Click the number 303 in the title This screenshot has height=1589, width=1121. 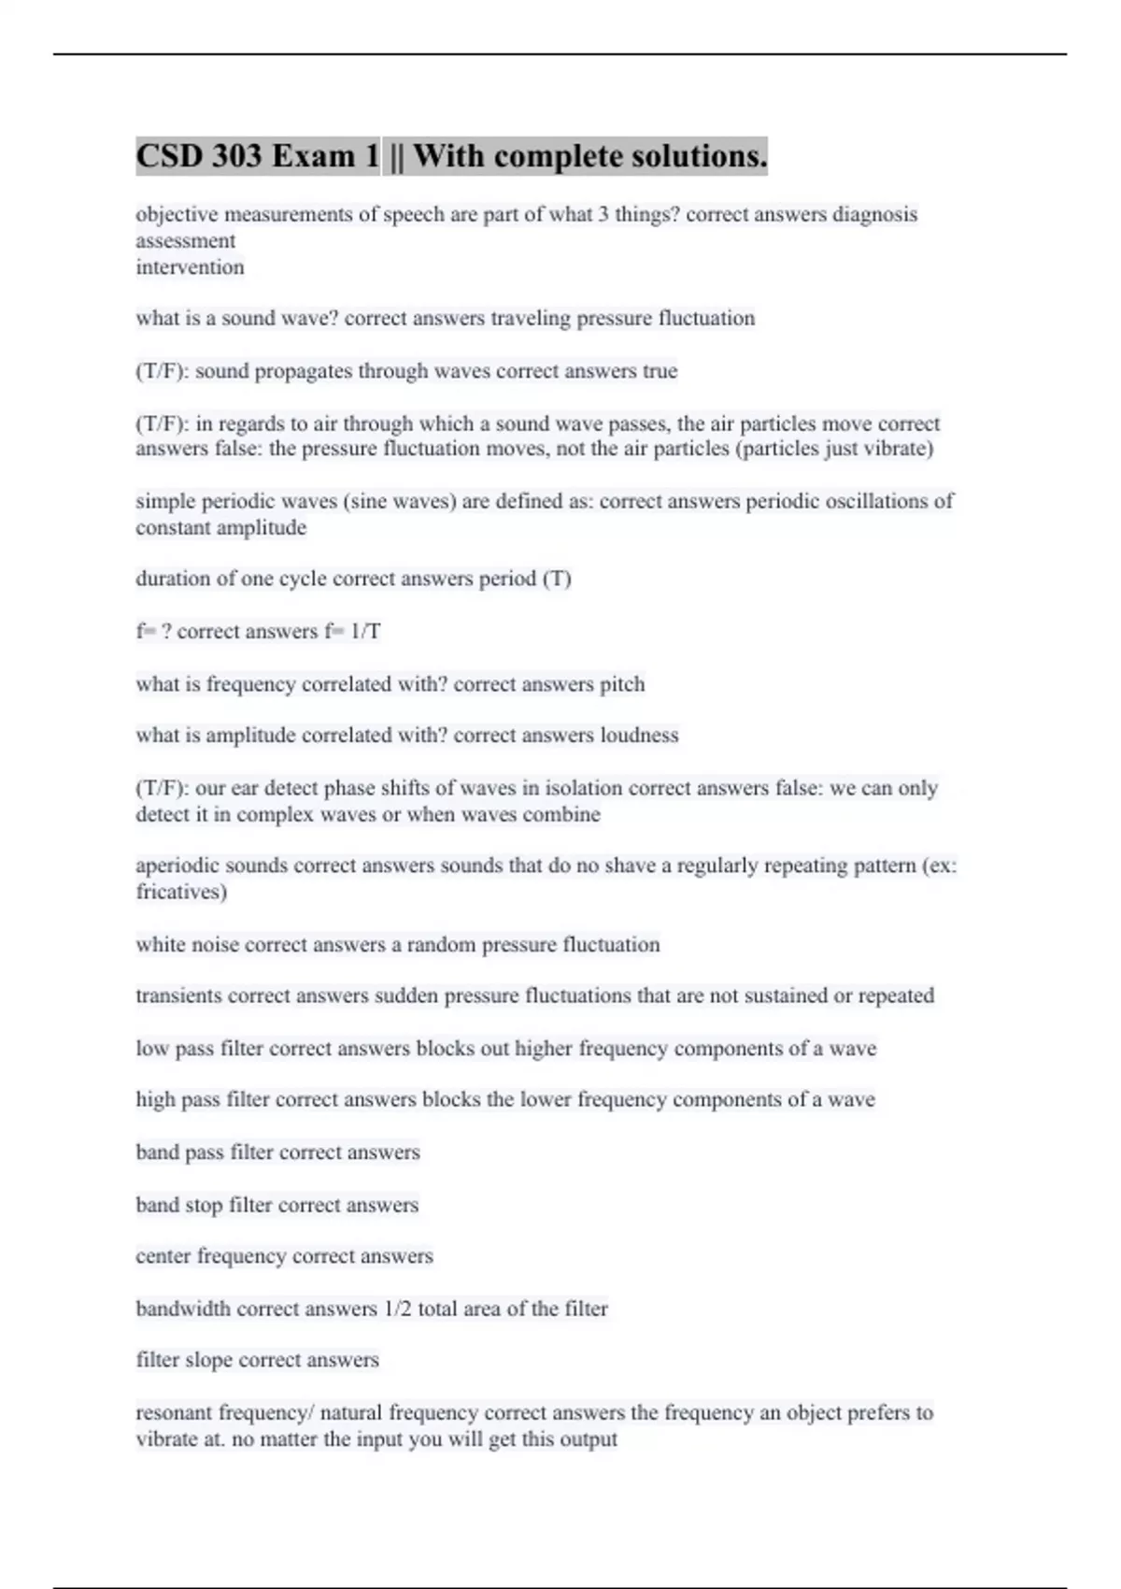236,156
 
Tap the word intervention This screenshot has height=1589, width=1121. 190,267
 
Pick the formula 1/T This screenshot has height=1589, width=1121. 365,632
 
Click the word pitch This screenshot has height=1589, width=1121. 622,684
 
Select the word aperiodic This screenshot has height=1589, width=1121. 177,866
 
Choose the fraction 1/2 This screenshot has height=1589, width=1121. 397,1309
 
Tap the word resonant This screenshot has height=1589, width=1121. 175,1412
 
